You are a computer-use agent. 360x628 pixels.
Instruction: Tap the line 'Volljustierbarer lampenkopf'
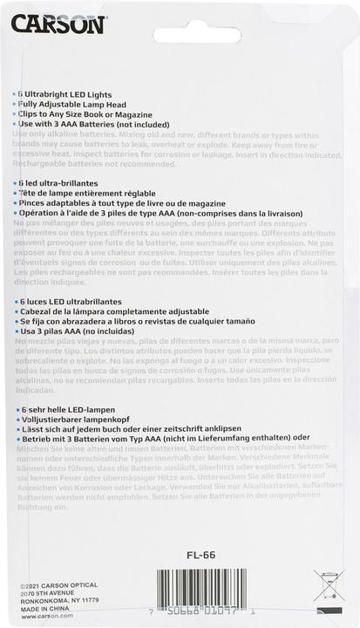point(75,420)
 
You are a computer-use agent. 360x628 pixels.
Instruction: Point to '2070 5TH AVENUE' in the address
point(47,594)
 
